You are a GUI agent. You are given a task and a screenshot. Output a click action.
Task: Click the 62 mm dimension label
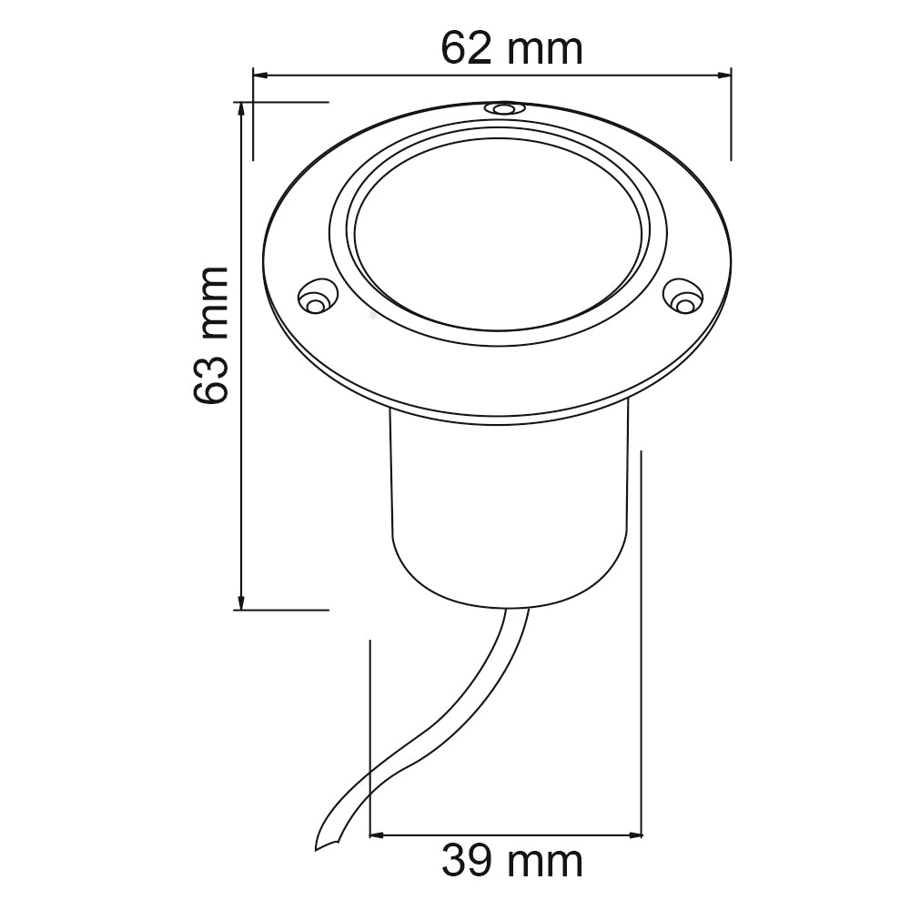coord(511,48)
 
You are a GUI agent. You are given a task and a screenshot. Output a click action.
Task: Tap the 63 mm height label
coord(210,336)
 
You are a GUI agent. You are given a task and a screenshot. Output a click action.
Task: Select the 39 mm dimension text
coord(511,861)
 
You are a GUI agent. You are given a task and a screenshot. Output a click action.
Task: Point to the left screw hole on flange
coord(314,298)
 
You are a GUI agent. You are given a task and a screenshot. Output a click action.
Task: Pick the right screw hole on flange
coord(683,295)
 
